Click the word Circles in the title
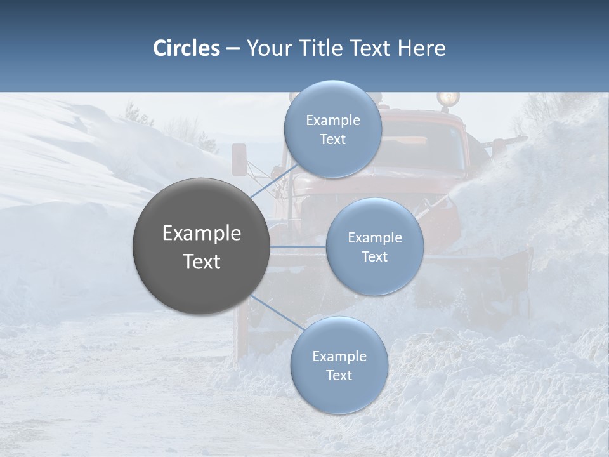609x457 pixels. [x=186, y=48]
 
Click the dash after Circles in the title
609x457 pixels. [x=233, y=49]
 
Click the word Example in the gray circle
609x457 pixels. [x=202, y=234]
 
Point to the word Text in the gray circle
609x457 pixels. [x=202, y=262]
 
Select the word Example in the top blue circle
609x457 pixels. [x=333, y=121]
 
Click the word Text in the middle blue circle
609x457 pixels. [x=374, y=256]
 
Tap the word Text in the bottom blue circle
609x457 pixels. [x=339, y=375]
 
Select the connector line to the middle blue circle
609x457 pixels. [x=298, y=246]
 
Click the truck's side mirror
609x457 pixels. [x=239, y=159]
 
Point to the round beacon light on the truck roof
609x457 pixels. [x=448, y=98]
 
